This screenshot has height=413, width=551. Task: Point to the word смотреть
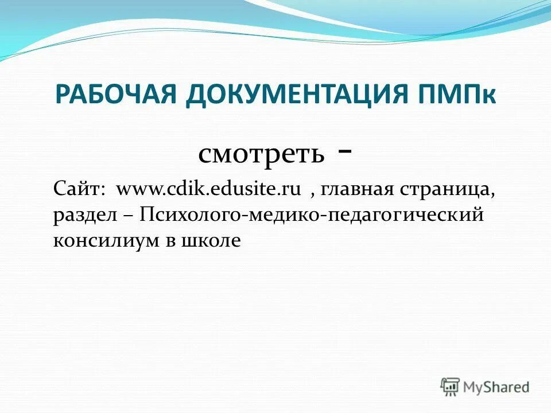click(261, 154)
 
